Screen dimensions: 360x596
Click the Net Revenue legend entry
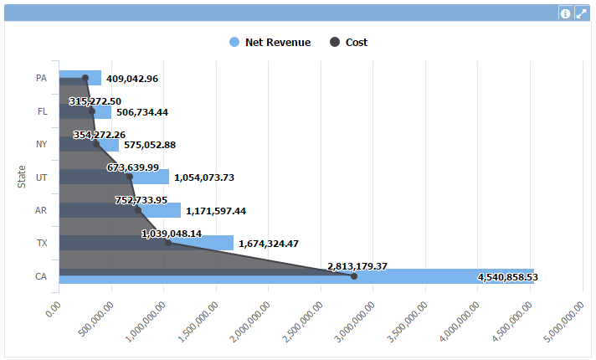pos(270,43)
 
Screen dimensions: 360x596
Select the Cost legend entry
pos(349,43)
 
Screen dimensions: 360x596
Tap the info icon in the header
pos(565,13)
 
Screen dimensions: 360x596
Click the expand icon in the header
pos(581,13)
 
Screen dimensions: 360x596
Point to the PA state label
pos(41,78)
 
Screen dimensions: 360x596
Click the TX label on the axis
pos(41,243)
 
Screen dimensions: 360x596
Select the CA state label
pos(41,275)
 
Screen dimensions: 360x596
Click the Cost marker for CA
pos(353,275)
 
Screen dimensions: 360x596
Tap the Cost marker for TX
pos(167,243)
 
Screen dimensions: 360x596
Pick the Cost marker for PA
pos(85,78)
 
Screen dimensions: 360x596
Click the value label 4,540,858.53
pos(507,277)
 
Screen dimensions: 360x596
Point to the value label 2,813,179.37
pos(357,266)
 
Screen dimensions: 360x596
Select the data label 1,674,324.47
pos(280,244)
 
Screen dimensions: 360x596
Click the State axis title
pos(23,177)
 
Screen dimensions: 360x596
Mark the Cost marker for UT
pos(129,177)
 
